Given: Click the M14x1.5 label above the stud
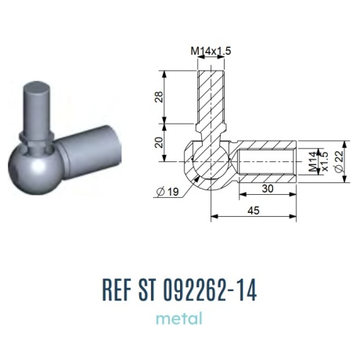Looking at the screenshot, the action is click(x=211, y=51).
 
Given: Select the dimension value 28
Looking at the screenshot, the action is click(x=159, y=97).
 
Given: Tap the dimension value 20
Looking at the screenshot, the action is click(x=159, y=142).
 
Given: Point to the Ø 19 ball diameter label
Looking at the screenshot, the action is click(x=167, y=192).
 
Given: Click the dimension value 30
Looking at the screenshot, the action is click(x=268, y=189).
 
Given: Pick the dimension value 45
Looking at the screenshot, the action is click(x=254, y=211).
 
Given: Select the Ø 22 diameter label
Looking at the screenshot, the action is click(x=339, y=162).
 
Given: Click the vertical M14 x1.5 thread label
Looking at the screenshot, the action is click(x=319, y=162).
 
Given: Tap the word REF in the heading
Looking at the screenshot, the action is click(x=116, y=290).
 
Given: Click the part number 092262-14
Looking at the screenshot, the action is click(x=211, y=290).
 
